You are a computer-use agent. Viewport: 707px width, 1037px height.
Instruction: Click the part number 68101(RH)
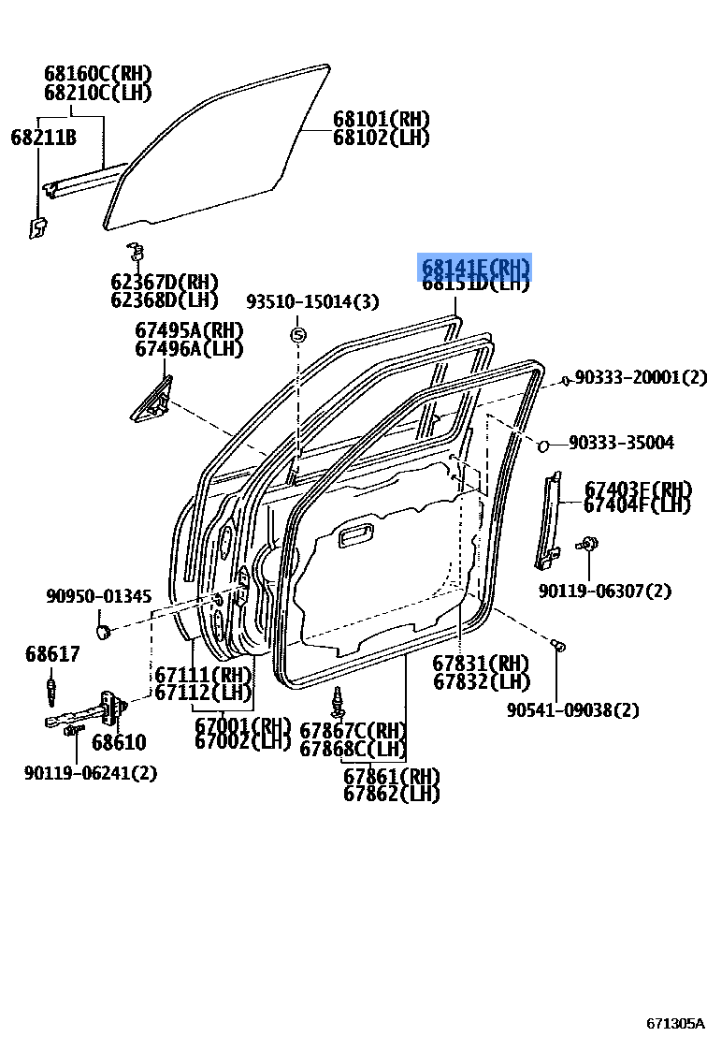pyautogui.click(x=381, y=119)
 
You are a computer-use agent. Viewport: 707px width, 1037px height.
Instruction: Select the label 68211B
pyautogui.click(x=44, y=138)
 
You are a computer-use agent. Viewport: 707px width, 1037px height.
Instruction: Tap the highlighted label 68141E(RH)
pyautogui.click(x=474, y=269)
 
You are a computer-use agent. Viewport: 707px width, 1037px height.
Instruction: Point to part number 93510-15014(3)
pyautogui.click(x=312, y=301)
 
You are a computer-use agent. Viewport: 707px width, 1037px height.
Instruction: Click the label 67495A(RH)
pyautogui.click(x=189, y=330)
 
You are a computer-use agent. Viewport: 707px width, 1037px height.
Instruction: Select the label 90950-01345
pyautogui.click(x=98, y=596)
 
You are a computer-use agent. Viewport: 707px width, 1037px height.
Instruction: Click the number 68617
pyautogui.click(x=52, y=654)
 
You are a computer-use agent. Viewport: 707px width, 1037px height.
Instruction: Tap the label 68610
pyautogui.click(x=118, y=743)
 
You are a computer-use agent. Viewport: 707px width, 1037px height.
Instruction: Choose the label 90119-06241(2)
pyautogui.click(x=91, y=772)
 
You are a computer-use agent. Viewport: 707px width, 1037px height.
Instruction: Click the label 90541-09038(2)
pyautogui.click(x=573, y=710)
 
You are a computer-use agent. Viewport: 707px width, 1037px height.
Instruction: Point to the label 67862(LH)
pyautogui.click(x=391, y=794)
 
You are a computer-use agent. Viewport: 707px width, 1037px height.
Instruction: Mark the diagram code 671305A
pyautogui.click(x=675, y=1023)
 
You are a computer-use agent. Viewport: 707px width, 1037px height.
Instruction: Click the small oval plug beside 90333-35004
pyautogui.click(x=544, y=444)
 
